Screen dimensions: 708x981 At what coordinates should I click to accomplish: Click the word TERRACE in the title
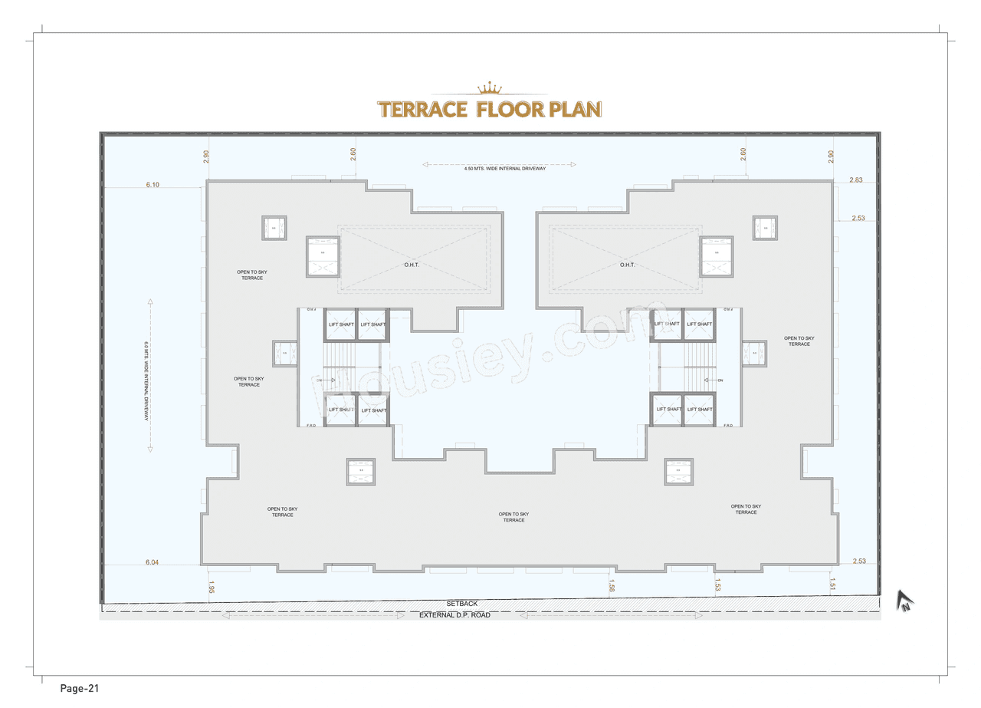[422, 109]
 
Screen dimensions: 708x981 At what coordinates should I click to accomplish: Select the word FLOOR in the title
[510, 109]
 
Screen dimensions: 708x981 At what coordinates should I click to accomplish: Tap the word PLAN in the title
[575, 109]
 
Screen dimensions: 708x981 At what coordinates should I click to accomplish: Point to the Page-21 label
[80, 688]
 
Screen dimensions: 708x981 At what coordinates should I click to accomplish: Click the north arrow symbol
[907, 601]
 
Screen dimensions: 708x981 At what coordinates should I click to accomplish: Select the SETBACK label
[462, 604]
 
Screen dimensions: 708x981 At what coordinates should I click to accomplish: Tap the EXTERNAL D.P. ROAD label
[454, 615]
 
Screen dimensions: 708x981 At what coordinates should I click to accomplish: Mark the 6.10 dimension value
[153, 185]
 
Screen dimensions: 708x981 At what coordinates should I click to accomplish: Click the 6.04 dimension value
[153, 562]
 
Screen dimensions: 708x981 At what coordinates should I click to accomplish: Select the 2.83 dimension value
[856, 179]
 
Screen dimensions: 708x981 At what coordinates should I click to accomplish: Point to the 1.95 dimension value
[211, 587]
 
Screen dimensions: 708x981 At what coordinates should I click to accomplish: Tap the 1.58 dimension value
[611, 587]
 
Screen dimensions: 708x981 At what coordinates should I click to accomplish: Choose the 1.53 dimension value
[717, 587]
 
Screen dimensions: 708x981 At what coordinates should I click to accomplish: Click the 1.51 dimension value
[832, 587]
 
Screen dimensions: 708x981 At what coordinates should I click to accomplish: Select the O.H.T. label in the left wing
[412, 265]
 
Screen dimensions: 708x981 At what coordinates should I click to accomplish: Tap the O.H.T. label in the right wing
[628, 265]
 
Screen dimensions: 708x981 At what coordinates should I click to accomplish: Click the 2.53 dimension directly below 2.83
[858, 219]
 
